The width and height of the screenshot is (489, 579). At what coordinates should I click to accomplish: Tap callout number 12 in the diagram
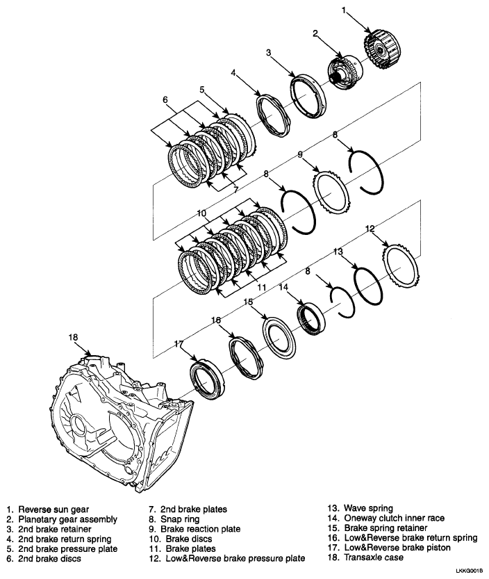point(370,229)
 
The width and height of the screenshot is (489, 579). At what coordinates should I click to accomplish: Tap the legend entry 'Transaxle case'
point(372,557)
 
